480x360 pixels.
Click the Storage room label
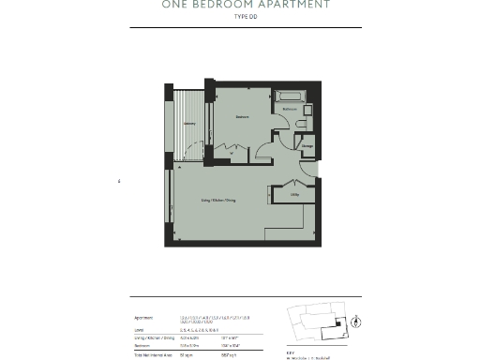click(x=307, y=145)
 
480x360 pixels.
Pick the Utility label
click(x=293, y=194)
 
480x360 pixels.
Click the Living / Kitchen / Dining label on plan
click(x=217, y=201)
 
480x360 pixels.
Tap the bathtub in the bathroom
click(x=289, y=95)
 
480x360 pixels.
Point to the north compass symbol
click(x=358, y=320)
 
